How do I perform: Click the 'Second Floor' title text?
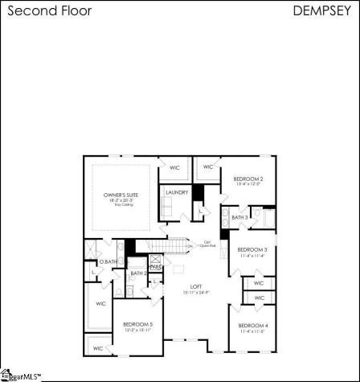(49, 11)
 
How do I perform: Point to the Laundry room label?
(176, 193)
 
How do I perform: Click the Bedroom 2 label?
(248, 179)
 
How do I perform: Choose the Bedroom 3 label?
(252, 249)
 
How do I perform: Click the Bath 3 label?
(239, 218)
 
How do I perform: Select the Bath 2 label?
(138, 273)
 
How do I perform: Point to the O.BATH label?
(108, 262)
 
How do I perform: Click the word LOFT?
(195, 286)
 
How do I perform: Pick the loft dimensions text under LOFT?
(195, 293)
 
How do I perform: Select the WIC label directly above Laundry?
(174, 167)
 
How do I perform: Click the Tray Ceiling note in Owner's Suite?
(121, 206)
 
